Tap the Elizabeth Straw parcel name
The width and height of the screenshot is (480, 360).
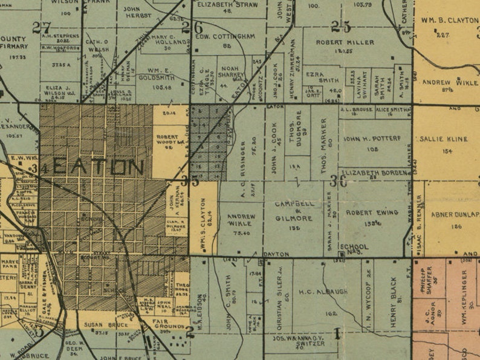click(x=227, y=4)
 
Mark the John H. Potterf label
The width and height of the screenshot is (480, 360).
click(x=372, y=138)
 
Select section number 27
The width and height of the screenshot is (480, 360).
click(x=42, y=27)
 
